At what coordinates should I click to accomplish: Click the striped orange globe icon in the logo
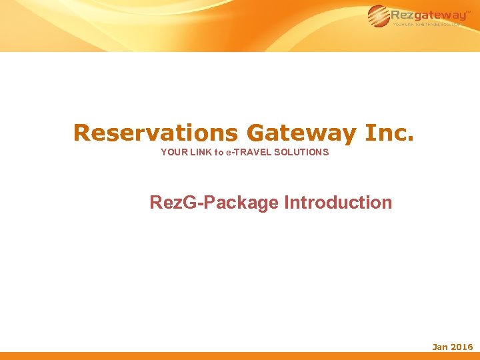379,16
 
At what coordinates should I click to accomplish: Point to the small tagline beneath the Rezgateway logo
427,25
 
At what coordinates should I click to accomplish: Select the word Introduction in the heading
338,203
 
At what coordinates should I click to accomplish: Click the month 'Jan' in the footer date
440,347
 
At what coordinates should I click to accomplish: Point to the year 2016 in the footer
462,347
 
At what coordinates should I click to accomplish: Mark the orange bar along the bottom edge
240,356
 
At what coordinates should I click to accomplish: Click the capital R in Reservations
81,133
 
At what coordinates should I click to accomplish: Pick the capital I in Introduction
287,203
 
